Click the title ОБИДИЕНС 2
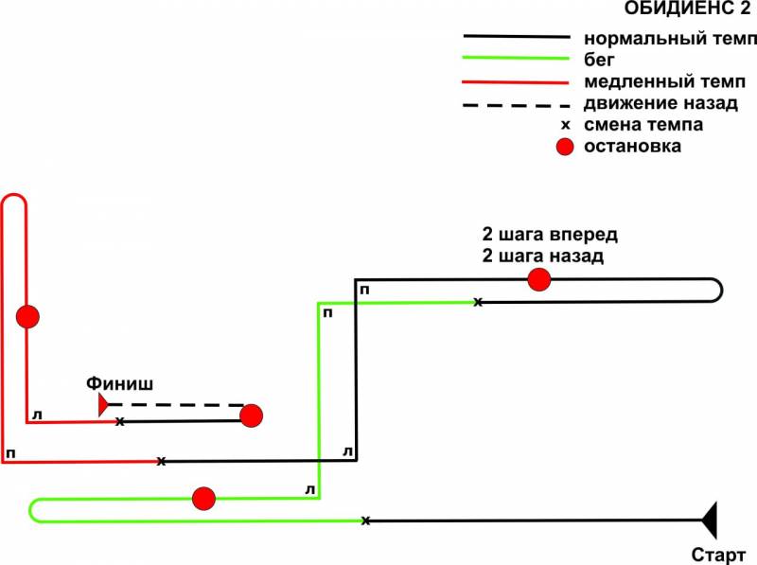click(x=689, y=10)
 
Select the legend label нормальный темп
click(x=670, y=40)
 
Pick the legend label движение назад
click(x=660, y=103)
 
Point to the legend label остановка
click(x=632, y=147)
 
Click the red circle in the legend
click(x=565, y=148)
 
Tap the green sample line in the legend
click(x=516, y=60)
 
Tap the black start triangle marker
click(x=710, y=520)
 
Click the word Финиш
click(x=119, y=383)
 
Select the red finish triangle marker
click(x=102, y=405)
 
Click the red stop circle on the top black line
click(x=538, y=279)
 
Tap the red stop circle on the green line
click(x=203, y=499)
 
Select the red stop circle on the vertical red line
click(x=27, y=317)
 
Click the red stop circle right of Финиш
click(x=251, y=415)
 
